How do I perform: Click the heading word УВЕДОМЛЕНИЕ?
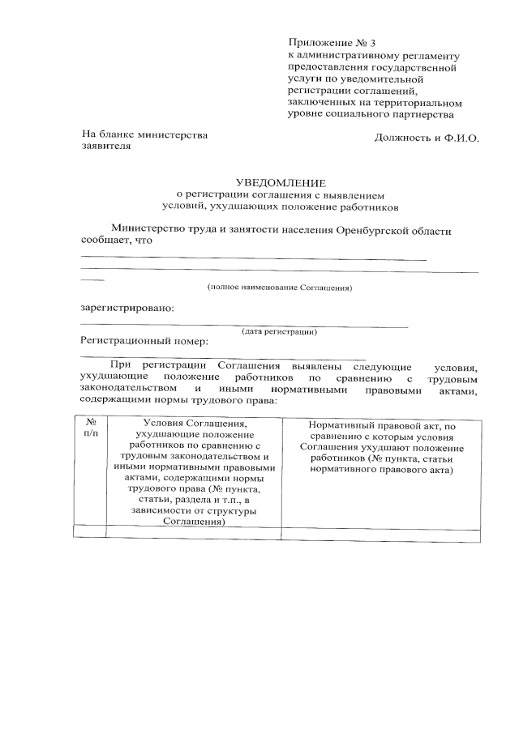pyautogui.click(x=280, y=183)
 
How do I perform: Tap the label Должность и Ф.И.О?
pyautogui.click(x=427, y=138)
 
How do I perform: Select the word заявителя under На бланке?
pyautogui.click(x=105, y=148)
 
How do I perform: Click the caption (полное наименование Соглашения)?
pyautogui.click(x=279, y=288)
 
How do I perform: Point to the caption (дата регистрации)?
pyautogui.click(x=279, y=331)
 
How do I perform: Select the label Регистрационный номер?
pyautogui.click(x=144, y=341)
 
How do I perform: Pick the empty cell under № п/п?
pyautogui.click(x=90, y=532)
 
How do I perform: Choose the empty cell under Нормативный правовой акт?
pyautogui.click(x=380, y=532)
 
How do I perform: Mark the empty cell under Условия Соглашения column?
pyautogui.click(x=194, y=532)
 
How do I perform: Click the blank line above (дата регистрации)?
pyautogui.click(x=243, y=325)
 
